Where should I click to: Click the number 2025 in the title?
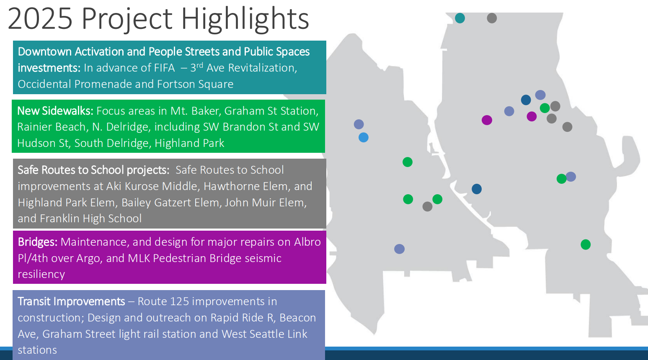point(40,18)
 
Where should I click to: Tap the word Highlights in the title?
point(245,19)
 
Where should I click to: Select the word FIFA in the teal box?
point(164,68)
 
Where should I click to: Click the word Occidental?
point(44,84)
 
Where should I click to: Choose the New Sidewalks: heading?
point(55,111)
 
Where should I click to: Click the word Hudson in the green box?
point(43,143)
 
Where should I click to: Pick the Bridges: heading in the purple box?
point(38,242)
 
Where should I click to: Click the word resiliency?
point(41,274)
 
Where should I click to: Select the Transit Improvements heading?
point(72,301)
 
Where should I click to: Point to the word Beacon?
point(298,318)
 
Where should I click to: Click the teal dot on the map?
point(460,18)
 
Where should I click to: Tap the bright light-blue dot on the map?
point(364,137)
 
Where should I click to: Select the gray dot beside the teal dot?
point(492,18)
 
